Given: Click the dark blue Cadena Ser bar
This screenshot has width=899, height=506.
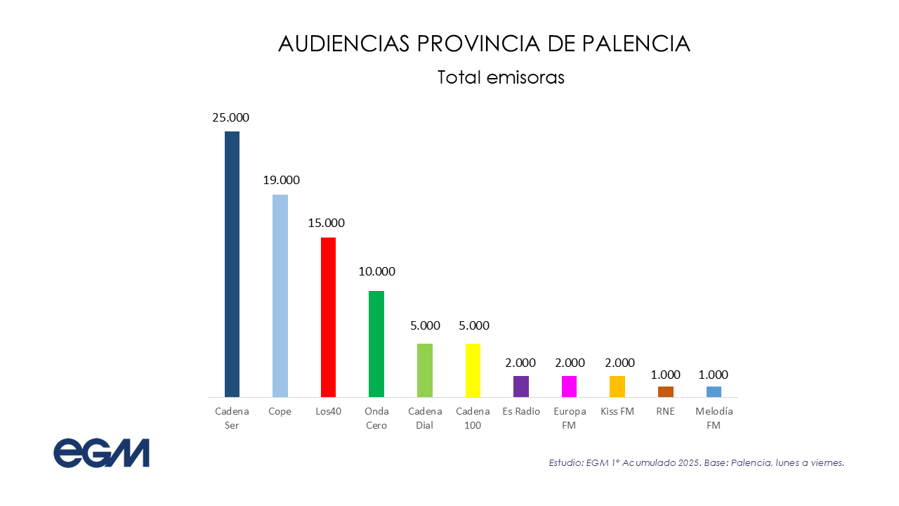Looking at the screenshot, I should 232,264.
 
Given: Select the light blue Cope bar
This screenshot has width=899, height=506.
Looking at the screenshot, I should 280,295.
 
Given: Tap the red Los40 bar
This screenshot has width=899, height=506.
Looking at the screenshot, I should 328,317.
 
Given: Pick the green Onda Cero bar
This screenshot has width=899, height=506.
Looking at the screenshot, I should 376,344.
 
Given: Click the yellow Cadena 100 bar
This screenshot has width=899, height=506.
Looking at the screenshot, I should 473,370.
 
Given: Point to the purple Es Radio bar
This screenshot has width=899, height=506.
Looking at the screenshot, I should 521,387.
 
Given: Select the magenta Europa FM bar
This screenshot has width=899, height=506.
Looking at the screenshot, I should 570,387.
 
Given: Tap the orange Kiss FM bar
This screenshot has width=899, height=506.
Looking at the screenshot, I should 617,387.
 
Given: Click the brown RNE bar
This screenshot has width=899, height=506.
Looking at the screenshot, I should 666,391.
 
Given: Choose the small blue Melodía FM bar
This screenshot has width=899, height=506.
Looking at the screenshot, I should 714,391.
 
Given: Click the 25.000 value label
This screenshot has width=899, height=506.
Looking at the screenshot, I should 231,117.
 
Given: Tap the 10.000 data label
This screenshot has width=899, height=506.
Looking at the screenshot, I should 377,271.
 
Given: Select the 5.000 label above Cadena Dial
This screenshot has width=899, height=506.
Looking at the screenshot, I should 425,325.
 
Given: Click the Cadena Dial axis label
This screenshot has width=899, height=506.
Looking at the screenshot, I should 425,418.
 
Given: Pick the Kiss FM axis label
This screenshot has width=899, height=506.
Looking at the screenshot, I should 617,411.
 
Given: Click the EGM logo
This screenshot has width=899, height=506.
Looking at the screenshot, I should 102,453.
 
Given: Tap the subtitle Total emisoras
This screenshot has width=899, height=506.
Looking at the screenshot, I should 501,77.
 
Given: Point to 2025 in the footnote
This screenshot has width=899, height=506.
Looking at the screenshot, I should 689,462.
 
